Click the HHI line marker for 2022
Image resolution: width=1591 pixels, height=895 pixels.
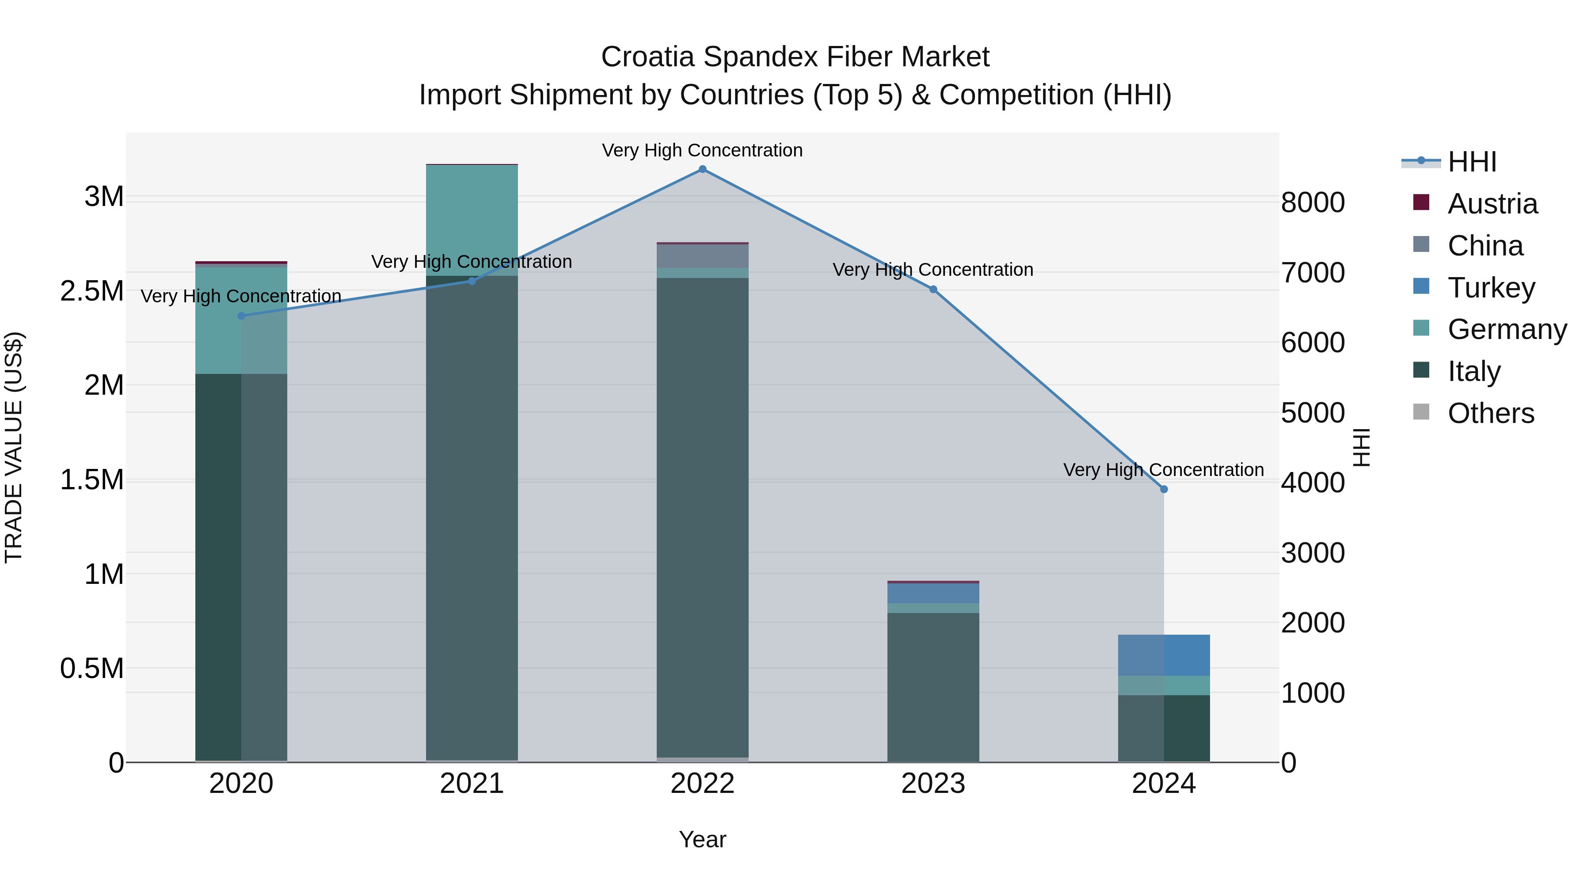click(x=702, y=169)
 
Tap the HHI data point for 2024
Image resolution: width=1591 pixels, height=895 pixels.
click(x=1164, y=489)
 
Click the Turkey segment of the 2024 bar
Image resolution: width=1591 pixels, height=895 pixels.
click(x=1164, y=655)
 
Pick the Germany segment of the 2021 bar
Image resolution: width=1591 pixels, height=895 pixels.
click(x=472, y=219)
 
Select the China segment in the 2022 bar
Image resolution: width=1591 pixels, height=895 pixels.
click(x=702, y=256)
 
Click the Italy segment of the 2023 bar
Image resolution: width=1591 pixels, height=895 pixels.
click(x=933, y=686)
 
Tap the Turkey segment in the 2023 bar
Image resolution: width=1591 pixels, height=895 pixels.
click(x=933, y=593)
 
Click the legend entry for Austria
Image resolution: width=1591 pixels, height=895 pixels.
click(x=1492, y=204)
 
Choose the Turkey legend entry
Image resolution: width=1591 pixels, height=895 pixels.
click(x=1490, y=288)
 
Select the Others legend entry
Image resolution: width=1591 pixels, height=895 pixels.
click(x=1490, y=413)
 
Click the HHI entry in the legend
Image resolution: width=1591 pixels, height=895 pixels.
click(x=1471, y=162)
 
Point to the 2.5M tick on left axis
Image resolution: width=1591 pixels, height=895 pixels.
click(x=91, y=291)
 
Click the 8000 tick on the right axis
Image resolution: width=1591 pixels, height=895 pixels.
click(x=1313, y=202)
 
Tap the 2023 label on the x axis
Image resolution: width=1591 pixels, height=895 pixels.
click(x=933, y=783)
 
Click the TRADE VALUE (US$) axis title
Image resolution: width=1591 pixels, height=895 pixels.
click(x=14, y=447)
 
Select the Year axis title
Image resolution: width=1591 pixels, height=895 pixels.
click(x=702, y=839)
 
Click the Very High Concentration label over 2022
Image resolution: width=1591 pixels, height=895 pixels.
click(x=702, y=150)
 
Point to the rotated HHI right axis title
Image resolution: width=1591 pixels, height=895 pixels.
click(x=1361, y=447)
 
